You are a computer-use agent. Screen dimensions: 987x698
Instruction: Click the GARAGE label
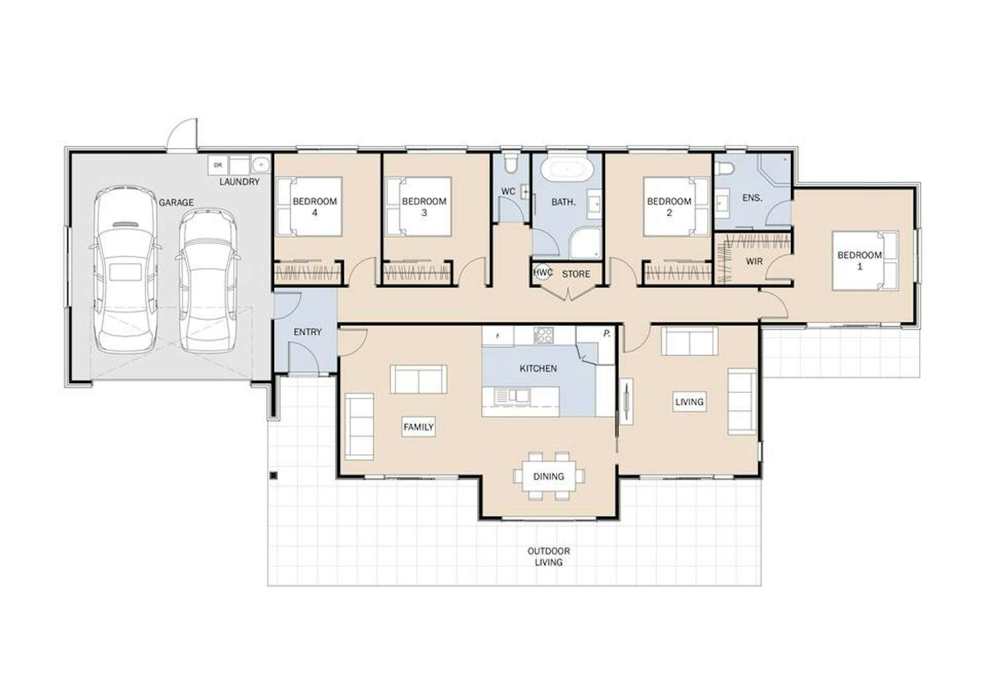176,203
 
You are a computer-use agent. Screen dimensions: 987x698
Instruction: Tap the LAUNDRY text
239,181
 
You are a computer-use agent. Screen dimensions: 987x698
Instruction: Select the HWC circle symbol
543,272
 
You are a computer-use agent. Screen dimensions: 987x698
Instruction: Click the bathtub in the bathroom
568,169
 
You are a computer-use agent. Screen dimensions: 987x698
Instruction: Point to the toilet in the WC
512,163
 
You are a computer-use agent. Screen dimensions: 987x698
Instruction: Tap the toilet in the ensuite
724,168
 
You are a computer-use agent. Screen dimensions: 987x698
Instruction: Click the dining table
549,476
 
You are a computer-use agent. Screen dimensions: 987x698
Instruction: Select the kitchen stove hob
544,335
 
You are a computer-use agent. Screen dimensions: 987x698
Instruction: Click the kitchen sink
512,395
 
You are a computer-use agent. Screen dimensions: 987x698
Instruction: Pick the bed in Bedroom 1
866,261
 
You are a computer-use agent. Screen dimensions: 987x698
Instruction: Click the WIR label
754,261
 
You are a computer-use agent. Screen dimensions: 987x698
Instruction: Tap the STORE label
576,274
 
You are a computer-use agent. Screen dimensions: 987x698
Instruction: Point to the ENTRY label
307,332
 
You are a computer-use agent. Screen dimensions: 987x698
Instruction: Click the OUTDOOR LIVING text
549,557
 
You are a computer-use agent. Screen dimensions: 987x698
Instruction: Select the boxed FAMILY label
419,427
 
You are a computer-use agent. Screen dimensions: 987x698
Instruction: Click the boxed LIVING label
690,401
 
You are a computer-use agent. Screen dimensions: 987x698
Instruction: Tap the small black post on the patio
273,475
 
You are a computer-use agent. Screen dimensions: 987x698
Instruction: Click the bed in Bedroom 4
309,207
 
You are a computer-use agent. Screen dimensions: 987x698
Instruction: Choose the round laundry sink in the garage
261,164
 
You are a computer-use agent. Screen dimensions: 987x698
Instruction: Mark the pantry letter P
607,334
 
